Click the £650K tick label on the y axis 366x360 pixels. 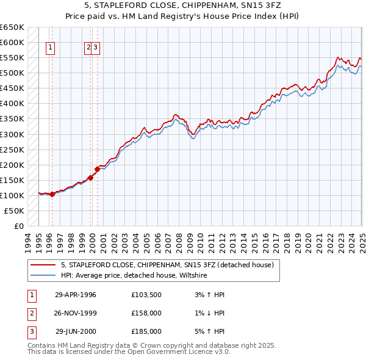tap(12, 27)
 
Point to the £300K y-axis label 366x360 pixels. tap(12, 134)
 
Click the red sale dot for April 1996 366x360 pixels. tap(52, 194)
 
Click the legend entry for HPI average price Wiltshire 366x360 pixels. tap(134, 276)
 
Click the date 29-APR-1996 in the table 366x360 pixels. tap(76, 295)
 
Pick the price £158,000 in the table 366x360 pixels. tap(146, 313)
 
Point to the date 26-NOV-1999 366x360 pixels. tap(76, 313)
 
